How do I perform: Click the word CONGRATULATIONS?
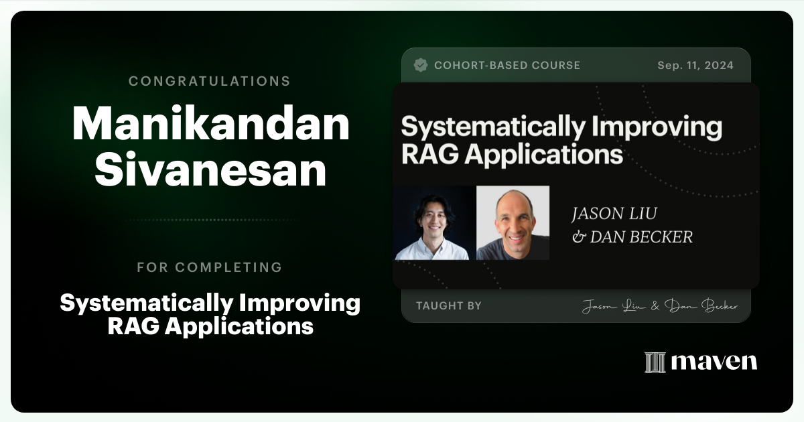pos(209,81)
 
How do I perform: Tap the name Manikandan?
pos(210,125)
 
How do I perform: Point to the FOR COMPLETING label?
pos(209,267)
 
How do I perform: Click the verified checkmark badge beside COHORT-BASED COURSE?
pos(421,65)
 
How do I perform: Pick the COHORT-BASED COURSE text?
pos(507,66)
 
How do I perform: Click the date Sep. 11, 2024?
pos(695,66)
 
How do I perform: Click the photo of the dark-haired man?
pos(432,223)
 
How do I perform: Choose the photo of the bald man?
pos(513,223)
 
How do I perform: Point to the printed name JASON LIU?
pos(613,214)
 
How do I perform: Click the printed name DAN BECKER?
pos(641,236)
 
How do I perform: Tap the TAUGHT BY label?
pos(448,306)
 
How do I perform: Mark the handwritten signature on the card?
pos(659,306)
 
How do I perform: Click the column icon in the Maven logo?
pos(655,362)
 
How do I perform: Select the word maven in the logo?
pos(714,362)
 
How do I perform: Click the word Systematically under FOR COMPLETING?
pos(135,303)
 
